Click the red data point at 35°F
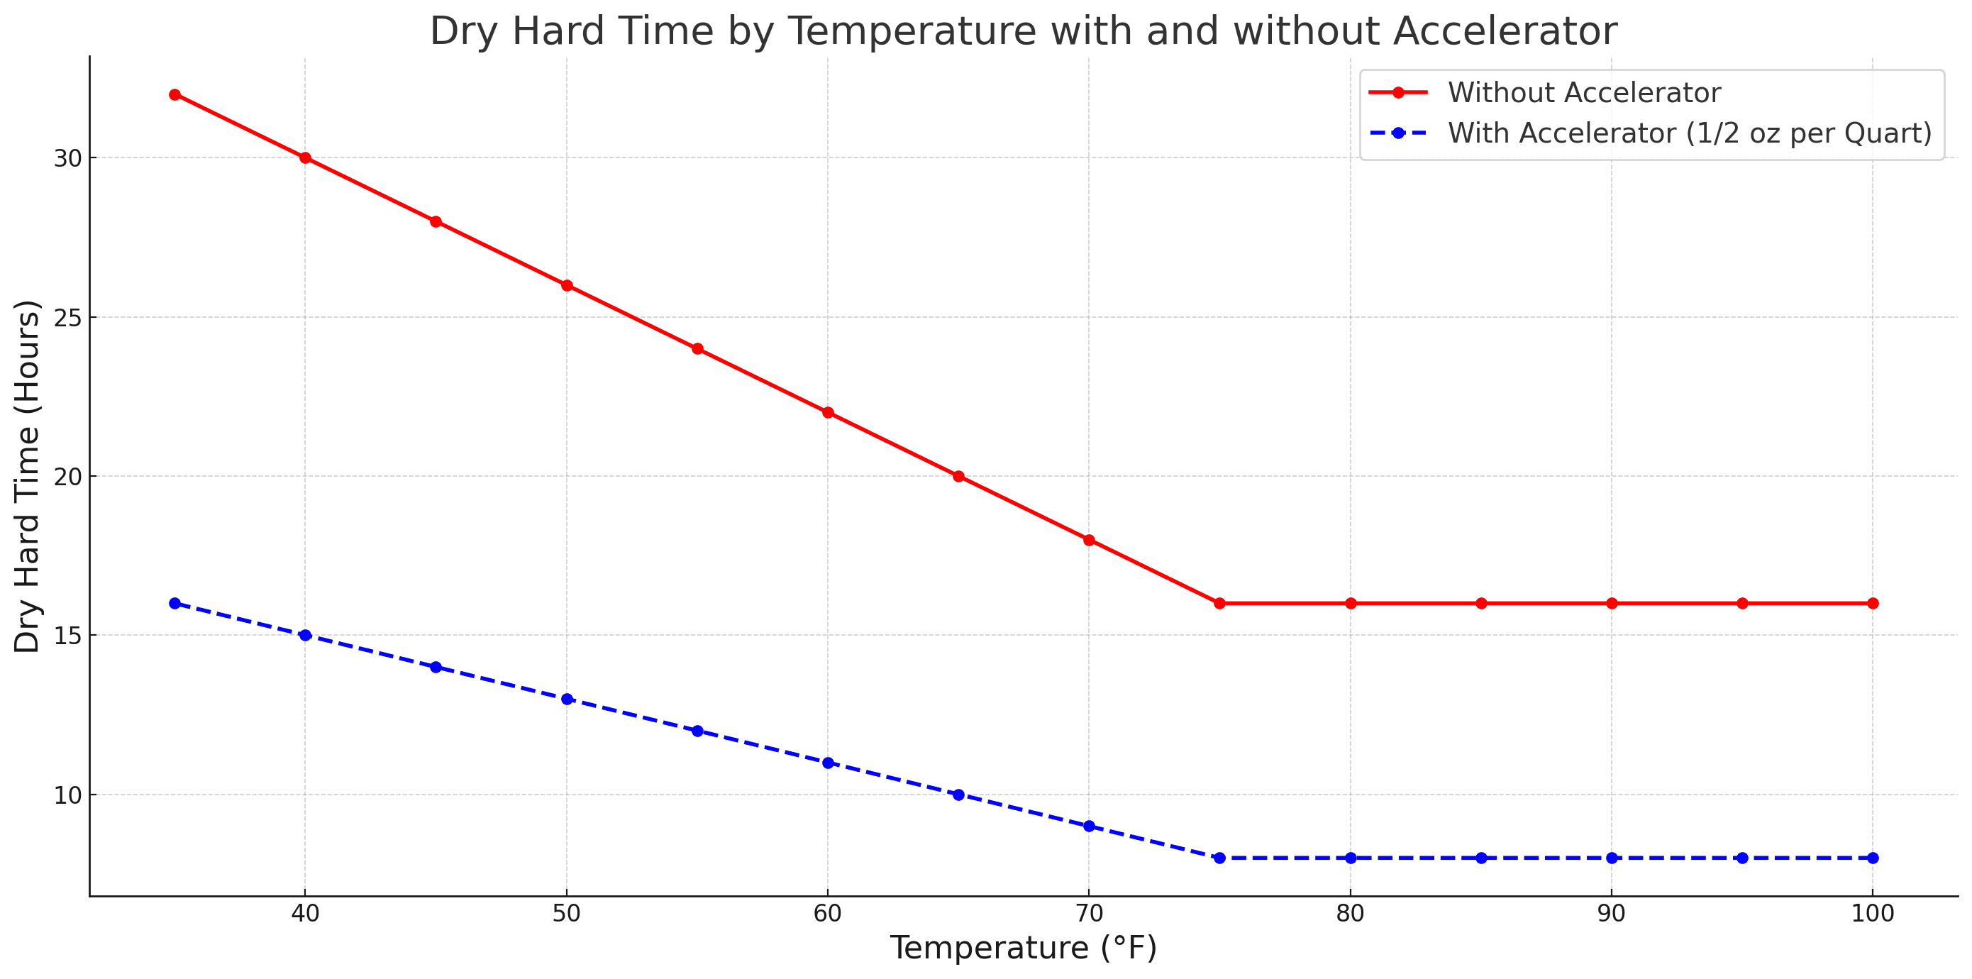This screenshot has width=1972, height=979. (175, 95)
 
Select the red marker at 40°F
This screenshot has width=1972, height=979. (306, 158)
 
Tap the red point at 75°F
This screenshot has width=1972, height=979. (1219, 604)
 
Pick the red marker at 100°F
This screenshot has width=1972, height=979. (1873, 604)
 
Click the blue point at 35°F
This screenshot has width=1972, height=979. (175, 604)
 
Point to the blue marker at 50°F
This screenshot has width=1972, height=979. (567, 699)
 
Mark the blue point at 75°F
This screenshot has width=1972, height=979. (1219, 858)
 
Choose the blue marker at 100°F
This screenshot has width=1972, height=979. (1873, 858)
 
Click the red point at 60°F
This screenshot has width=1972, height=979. (828, 414)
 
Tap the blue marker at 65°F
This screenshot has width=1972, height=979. (958, 795)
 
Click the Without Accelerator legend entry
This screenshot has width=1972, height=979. (1583, 93)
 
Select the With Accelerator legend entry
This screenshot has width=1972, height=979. (1689, 133)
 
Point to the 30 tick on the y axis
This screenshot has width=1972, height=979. (67, 158)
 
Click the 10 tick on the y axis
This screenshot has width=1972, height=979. (67, 795)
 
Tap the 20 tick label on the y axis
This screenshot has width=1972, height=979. (67, 477)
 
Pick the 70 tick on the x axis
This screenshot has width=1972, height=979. (1089, 913)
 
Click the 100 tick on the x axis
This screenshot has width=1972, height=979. (1873, 913)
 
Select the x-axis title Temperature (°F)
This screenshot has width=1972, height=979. (1023, 948)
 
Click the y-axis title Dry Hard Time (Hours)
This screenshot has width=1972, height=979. (28, 476)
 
